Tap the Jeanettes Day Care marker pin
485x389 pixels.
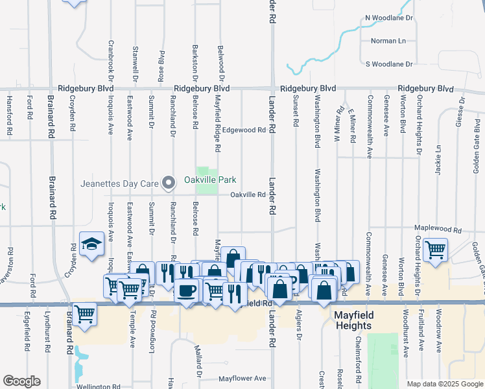[169, 183]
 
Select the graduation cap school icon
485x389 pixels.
[92, 244]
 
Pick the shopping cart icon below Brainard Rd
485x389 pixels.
[85, 314]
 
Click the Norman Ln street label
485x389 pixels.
[388, 41]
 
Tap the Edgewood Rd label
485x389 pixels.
[244, 130]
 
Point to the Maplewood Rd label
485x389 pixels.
[439, 230]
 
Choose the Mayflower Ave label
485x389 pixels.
[242, 378]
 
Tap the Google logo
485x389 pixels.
[21, 381]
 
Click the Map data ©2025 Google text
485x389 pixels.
[444, 384]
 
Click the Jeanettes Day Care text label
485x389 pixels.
[119, 183]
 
